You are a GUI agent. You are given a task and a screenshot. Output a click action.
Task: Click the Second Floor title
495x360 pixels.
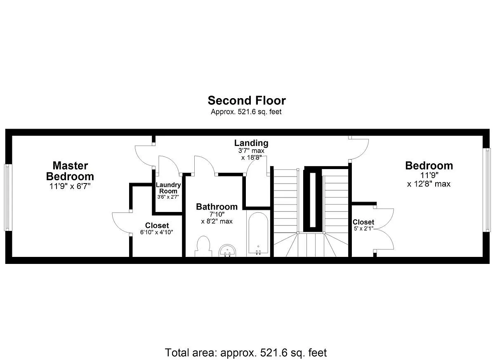[x=247, y=101]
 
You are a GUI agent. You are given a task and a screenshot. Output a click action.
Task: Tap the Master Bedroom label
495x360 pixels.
[x=70, y=171]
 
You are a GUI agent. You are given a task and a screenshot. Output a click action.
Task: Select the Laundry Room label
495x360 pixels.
[x=168, y=188]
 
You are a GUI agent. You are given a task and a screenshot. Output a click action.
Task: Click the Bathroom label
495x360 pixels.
[x=217, y=207]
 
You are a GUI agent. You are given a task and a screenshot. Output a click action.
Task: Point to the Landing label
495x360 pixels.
[x=251, y=143]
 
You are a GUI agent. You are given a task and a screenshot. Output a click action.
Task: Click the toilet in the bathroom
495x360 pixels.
[x=203, y=247]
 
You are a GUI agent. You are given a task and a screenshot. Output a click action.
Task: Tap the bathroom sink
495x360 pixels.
[x=228, y=251]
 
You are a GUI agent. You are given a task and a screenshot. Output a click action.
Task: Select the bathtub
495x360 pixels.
[x=258, y=233]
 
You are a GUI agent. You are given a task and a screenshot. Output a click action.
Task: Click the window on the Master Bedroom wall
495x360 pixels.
[x=8, y=198]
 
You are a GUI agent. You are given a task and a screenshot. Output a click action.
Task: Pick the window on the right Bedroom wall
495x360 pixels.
[x=487, y=190]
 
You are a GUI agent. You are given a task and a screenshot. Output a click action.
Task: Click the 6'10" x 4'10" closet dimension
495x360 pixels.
[x=156, y=232]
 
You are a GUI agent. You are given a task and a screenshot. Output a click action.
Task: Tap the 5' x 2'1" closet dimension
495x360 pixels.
[x=363, y=228]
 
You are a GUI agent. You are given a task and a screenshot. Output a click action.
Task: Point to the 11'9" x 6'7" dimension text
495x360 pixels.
[x=70, y=186]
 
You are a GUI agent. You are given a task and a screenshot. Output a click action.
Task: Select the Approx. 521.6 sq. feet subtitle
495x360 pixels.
[x=246, y=112]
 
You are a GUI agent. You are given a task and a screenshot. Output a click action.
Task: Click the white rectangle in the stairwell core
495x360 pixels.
[x=313, y=200]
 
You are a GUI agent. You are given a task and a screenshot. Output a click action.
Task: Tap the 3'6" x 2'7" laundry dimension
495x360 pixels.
[x=168, y=197]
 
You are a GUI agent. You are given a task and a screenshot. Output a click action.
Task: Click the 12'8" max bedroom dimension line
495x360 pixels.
[x=429, y=184]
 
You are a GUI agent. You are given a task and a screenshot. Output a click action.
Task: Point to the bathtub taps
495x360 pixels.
[x=258, y=252]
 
